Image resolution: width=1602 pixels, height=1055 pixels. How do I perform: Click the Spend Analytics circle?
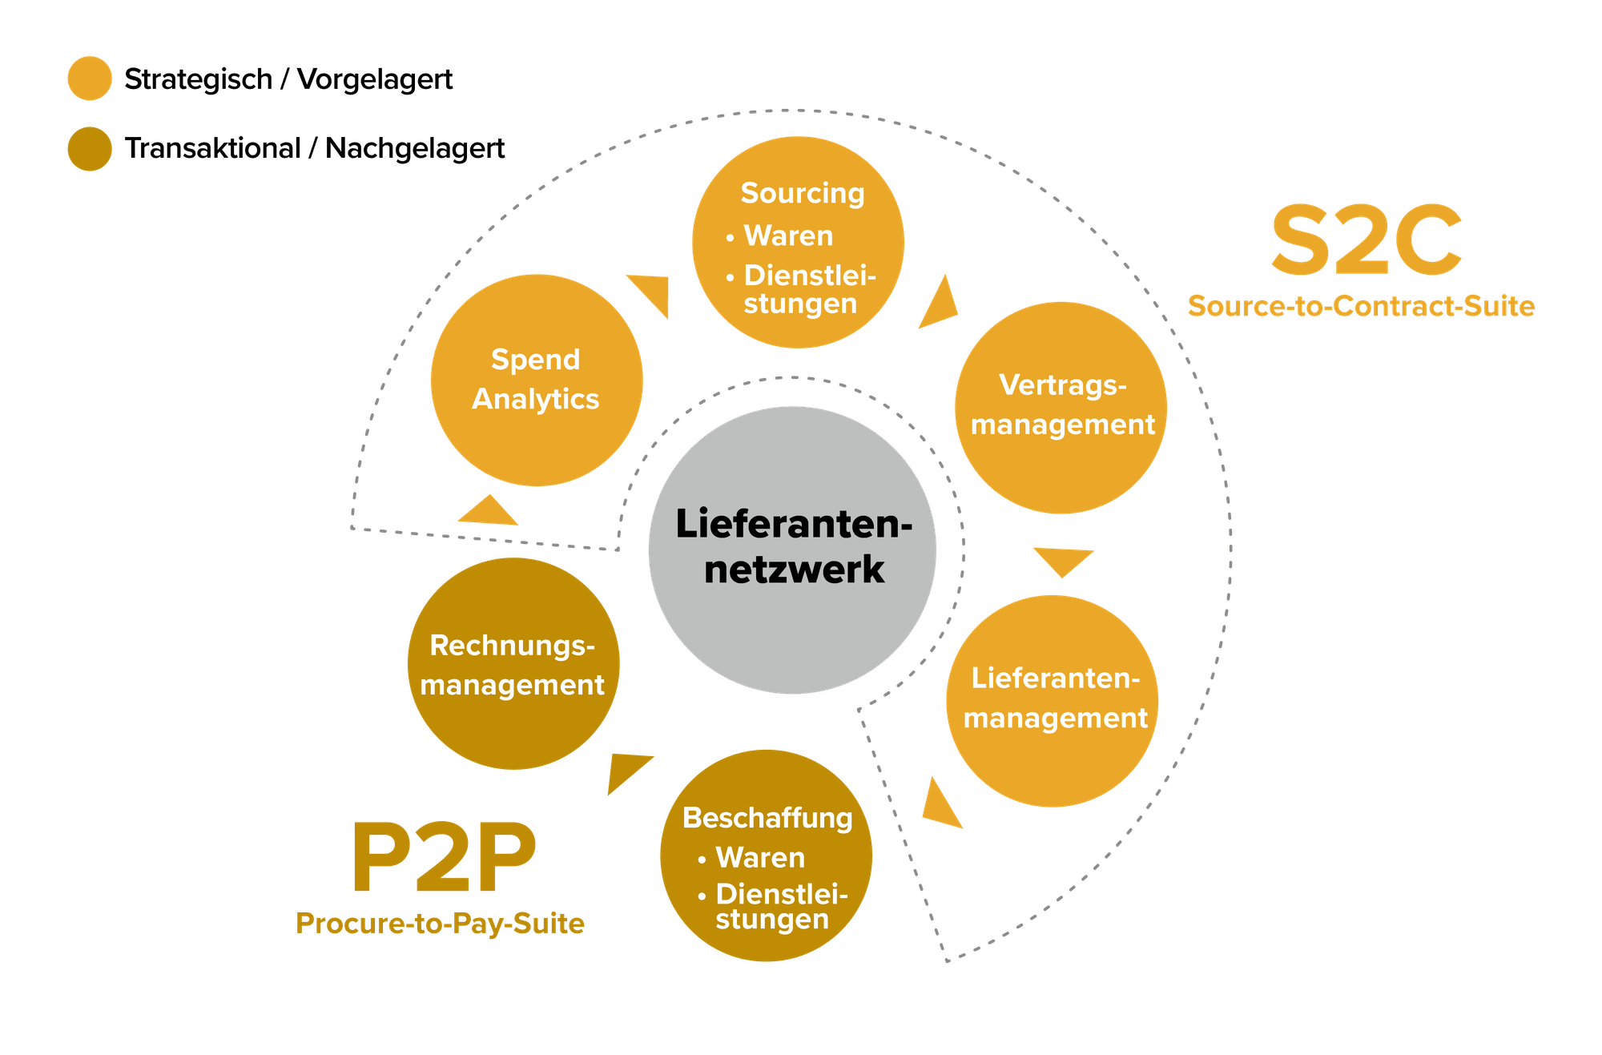pos(537,381)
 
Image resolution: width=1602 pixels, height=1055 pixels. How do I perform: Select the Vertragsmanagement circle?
pos(1061,408)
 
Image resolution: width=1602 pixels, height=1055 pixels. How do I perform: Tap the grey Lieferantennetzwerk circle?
pos(792,550)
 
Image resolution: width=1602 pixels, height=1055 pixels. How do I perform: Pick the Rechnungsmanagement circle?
pos(513,664)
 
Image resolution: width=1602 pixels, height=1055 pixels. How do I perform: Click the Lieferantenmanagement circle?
pos(1053,701)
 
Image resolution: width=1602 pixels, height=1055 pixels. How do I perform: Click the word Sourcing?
pos(803,193)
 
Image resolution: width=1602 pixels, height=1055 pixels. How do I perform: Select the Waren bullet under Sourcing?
pos(779,236)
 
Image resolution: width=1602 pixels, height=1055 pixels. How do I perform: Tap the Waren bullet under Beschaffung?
pos(751,858)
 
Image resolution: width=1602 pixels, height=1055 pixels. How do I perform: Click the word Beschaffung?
pos(767,818)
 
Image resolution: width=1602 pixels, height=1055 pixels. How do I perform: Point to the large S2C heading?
pos(1367,240)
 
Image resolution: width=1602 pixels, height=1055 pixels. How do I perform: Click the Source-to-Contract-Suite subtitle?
pos(1361,306)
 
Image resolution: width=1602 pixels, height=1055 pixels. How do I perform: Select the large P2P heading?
pos(443,857)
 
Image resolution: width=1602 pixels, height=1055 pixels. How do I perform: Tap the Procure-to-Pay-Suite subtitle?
pos(440,924)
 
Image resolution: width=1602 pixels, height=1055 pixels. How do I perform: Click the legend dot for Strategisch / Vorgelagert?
pos(90,79)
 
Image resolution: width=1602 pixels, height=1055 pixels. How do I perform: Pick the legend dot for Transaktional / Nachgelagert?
pos(90,149)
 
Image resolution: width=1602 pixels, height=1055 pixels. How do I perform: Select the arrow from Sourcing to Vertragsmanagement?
pos(940,305)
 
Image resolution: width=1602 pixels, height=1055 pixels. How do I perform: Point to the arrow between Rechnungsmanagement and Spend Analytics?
pos(488,513)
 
